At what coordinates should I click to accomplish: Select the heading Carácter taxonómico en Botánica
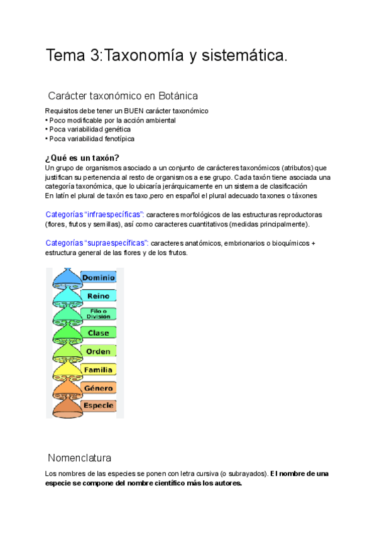[123, 96]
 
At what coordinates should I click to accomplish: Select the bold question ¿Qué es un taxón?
[82, 157]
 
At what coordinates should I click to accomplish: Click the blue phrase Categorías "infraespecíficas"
[95, 214]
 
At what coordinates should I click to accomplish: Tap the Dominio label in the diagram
[99, 277]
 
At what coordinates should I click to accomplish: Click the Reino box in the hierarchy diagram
[98, 295]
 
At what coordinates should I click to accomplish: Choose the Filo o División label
[98, 314]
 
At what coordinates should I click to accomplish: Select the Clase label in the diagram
[98, 332]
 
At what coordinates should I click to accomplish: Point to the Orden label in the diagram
[98, 351]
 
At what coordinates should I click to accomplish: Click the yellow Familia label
[98, 370]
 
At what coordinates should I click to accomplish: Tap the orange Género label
[98, 388]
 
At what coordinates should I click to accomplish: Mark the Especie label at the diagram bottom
[98, 405]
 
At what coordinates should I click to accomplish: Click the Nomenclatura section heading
[79, 458]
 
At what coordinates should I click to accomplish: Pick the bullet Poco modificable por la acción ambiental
[111, 120]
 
